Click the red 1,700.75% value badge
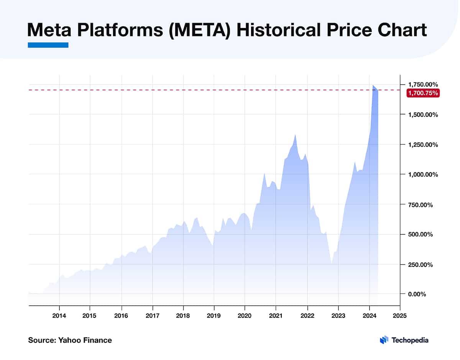(x=423, y=93)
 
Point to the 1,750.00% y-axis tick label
(x=424, y=84)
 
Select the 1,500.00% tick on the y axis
(x=424, y=115)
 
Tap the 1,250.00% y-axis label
(x=424, y=144)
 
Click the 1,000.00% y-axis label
(x=424, y=174)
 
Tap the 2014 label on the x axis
(x=59, y=317)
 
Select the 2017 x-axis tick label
(x=152, y=317)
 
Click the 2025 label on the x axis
(x=400, y=317)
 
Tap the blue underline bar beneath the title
(x=48, y=45)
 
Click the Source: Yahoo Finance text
(x=70, y=340)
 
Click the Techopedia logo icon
(x=384, y=340)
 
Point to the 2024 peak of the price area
(x=373, y=85)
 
